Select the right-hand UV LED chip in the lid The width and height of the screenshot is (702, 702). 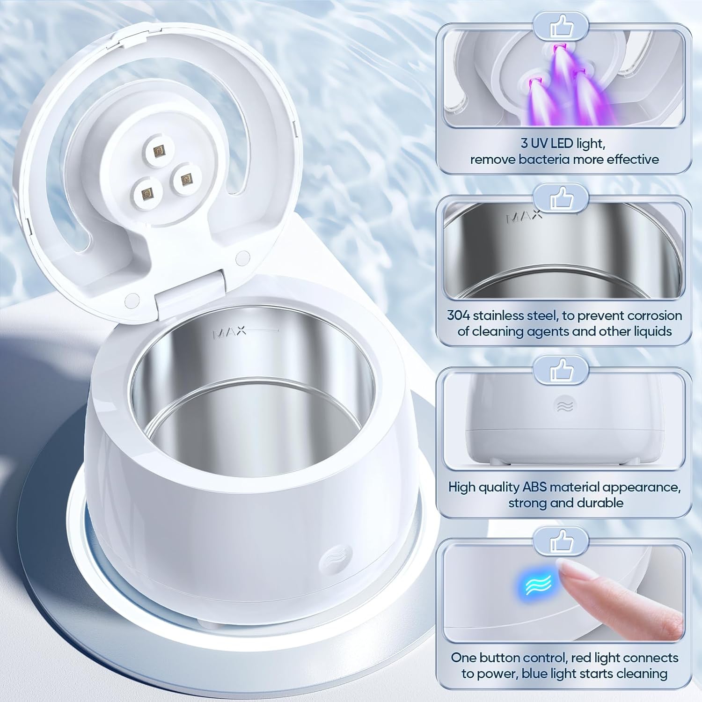coord(186,178)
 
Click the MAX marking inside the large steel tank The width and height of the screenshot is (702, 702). coord(230,333)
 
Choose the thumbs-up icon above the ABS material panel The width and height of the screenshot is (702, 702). coord(561,369)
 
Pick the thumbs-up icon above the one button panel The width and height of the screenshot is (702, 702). coord(561,541)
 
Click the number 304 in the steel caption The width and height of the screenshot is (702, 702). coord(458,315)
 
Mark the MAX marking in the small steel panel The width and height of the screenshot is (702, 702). coord(524,217)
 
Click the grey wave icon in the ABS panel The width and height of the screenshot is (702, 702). coord(565,405)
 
